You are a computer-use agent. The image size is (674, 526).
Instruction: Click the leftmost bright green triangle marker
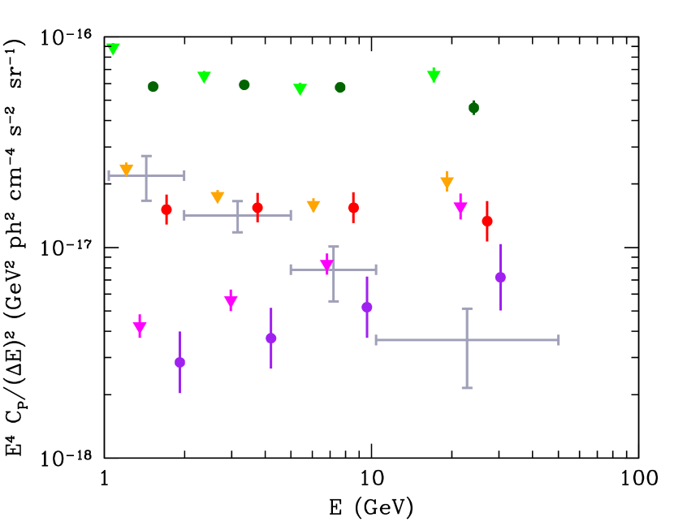tap(113, 49)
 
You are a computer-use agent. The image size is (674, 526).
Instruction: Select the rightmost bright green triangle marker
tap(434, 75)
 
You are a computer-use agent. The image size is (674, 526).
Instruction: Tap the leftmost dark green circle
tap(153, 87)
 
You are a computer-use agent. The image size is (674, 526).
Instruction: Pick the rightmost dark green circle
tap(473, 107)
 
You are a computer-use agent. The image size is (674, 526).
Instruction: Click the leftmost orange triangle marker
tap(126, 170)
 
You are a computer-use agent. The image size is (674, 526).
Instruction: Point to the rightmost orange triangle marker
tap(447, 183)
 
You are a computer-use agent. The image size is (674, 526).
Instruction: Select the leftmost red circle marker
tap(166, 209)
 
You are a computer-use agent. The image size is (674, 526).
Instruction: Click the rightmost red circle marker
tap(487, 221)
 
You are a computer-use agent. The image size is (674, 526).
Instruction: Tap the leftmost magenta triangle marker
tap(140, 328)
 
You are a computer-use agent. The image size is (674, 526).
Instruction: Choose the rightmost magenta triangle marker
tap(460, 208)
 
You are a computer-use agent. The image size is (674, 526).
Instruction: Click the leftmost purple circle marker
tap(179, 362)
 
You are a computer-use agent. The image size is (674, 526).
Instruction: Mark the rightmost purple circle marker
tap(500, 277)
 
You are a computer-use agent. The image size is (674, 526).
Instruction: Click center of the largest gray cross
tap(467, 340)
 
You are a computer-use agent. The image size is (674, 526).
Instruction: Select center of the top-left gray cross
tap(146, 175)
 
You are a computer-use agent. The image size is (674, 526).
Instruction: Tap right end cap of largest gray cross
tap(559, 340)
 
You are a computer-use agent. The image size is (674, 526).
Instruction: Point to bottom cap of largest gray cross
tap(467, 388)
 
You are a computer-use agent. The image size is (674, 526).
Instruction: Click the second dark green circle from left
tap(244, 84)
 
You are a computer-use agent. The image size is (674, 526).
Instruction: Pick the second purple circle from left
tap(271, 338)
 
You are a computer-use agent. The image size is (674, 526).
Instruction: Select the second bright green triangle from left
tap(204, 77)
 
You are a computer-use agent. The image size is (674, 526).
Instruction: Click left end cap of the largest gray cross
tap(376, 340)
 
